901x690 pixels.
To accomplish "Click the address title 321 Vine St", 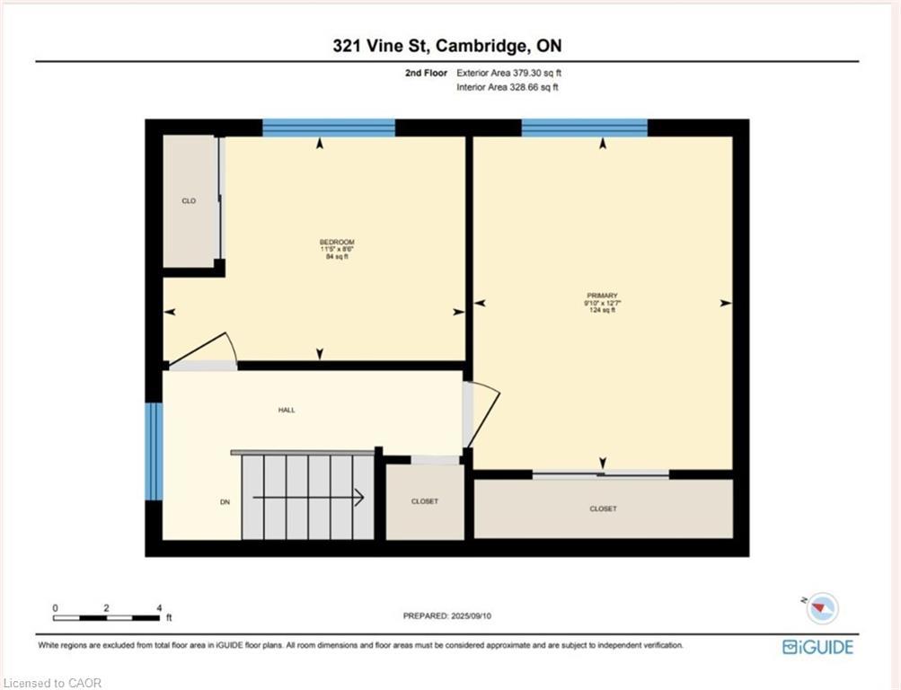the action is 381,46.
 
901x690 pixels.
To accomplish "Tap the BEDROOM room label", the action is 337,242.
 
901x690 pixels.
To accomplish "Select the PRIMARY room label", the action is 602,296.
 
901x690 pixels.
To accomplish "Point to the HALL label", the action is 287,411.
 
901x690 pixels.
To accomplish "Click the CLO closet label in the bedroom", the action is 189,201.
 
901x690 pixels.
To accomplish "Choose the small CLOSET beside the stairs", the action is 425,501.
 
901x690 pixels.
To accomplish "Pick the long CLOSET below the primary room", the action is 604,509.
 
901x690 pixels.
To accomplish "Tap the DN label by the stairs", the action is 225,502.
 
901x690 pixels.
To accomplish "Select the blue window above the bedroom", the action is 329,128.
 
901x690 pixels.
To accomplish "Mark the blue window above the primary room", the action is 585,128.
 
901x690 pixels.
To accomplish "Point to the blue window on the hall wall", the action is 154,451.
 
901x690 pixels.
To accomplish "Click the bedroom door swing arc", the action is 232,347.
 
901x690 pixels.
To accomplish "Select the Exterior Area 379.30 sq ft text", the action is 508,73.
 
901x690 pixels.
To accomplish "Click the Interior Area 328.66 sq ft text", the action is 508,87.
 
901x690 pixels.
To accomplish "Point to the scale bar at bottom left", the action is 106,618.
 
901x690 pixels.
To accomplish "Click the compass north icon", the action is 822,608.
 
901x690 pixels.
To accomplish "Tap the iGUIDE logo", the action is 817,647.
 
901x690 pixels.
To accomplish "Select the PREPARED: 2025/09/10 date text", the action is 447,616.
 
